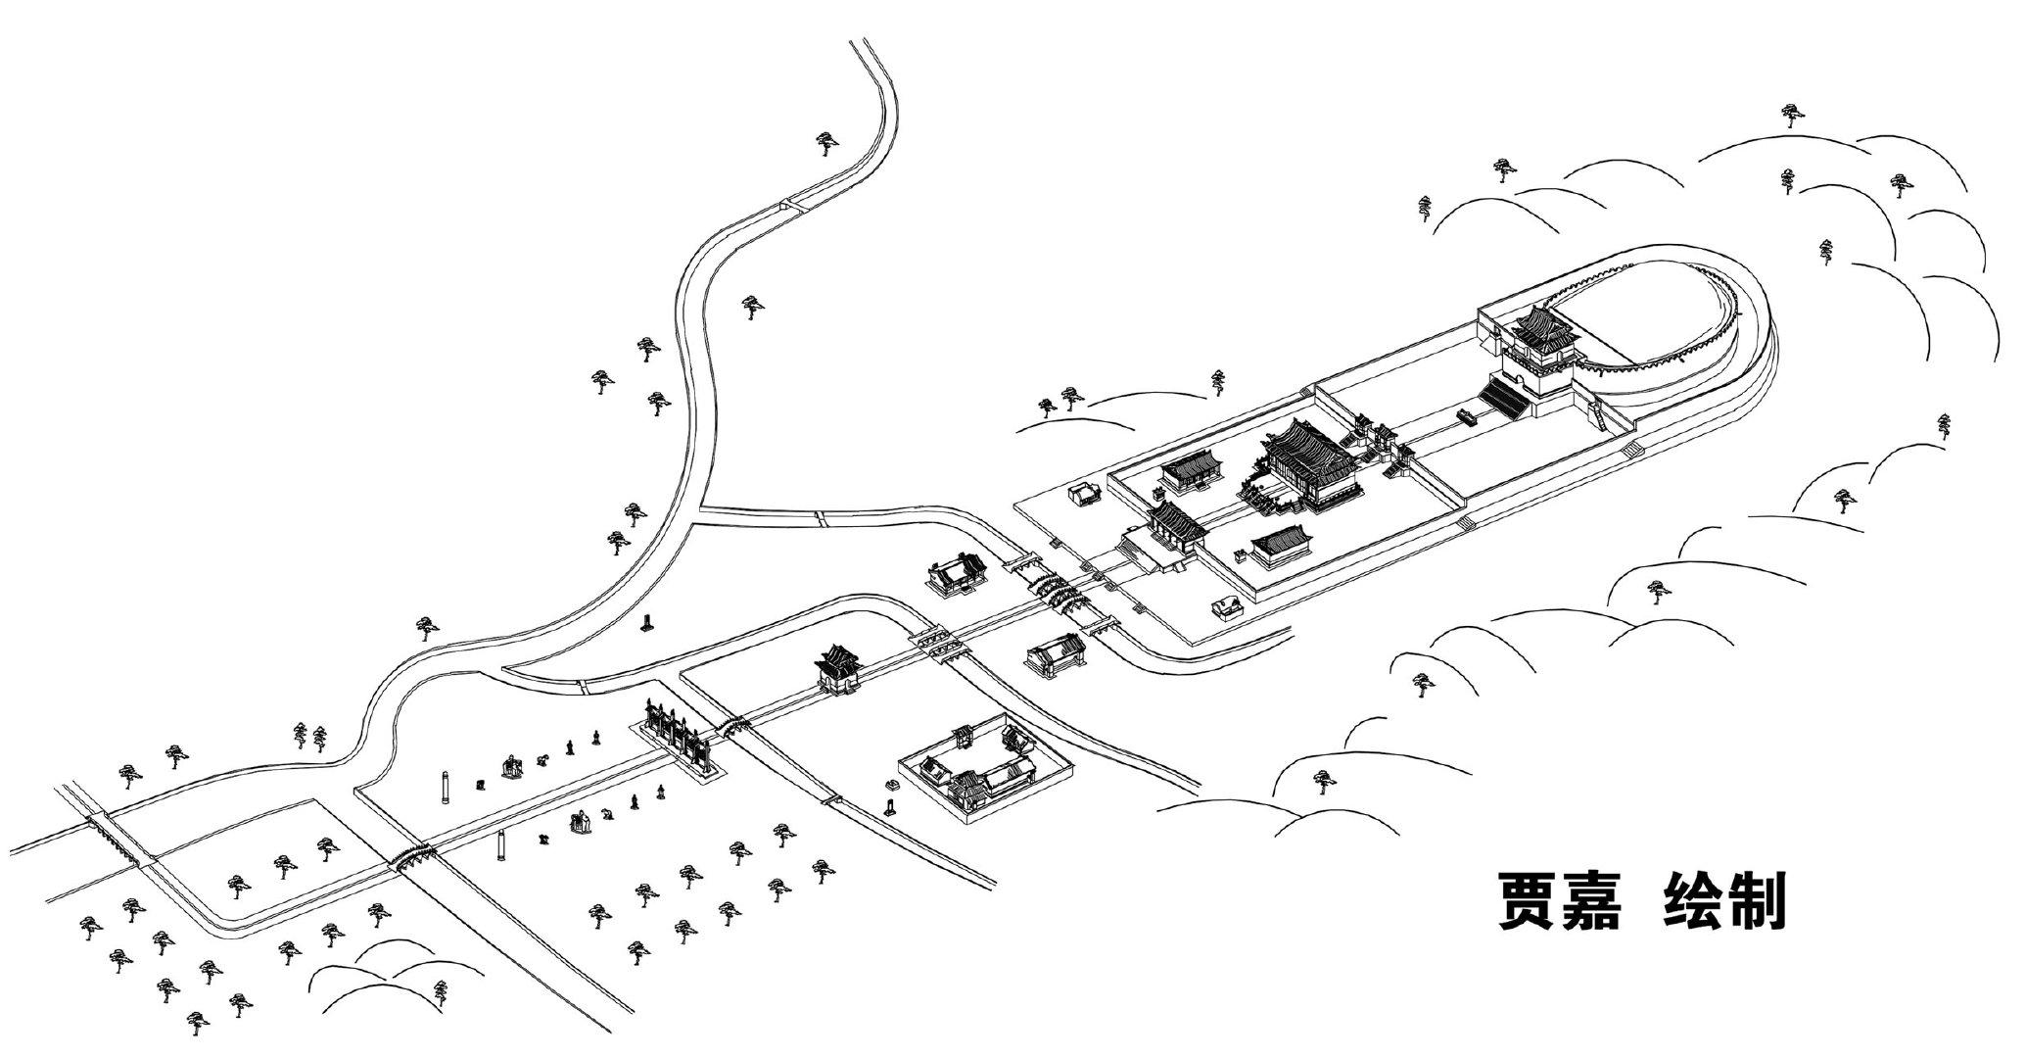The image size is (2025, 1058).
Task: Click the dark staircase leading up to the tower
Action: tap(1503, 398)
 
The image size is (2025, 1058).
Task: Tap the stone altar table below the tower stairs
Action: tap(1466, 416)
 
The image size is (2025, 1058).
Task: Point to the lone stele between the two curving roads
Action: tap(646, 622)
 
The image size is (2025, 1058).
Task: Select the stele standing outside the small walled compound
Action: tap(891, 809)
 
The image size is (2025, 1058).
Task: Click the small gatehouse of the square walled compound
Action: tap(964, 734)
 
